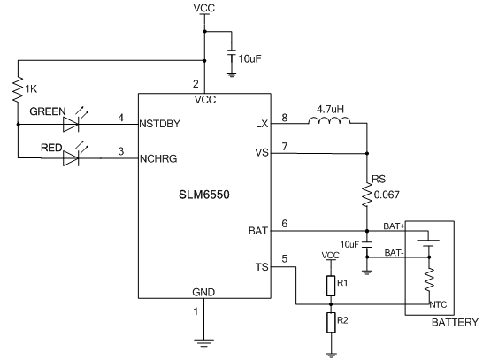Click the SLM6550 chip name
click(x=204, y=195)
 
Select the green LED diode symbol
click(x=71, y=124)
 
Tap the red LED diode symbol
click(x=71, y=158)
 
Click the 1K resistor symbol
click(x=18, y=89)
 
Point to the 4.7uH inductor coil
click(x=329, y=120)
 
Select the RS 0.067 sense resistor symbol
click(x=366, y=195)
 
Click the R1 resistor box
click(x=331, y=286)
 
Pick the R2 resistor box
click(x=331, y=323)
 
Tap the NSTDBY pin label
click(x=159, y=124)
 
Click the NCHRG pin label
click(x=158, y=158)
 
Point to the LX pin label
click(x=262, y=124)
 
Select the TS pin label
click(x=262, y=267)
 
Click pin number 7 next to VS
click(x=285, y=147)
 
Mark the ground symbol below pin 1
click(x=203, y=343)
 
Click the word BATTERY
click(x=455, y=323)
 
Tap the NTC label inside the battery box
click(x=438, y=304)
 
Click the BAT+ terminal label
click(x=395, y=226)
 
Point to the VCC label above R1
click(x=331, y=255)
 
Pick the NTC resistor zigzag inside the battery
click(x=429, y=280)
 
